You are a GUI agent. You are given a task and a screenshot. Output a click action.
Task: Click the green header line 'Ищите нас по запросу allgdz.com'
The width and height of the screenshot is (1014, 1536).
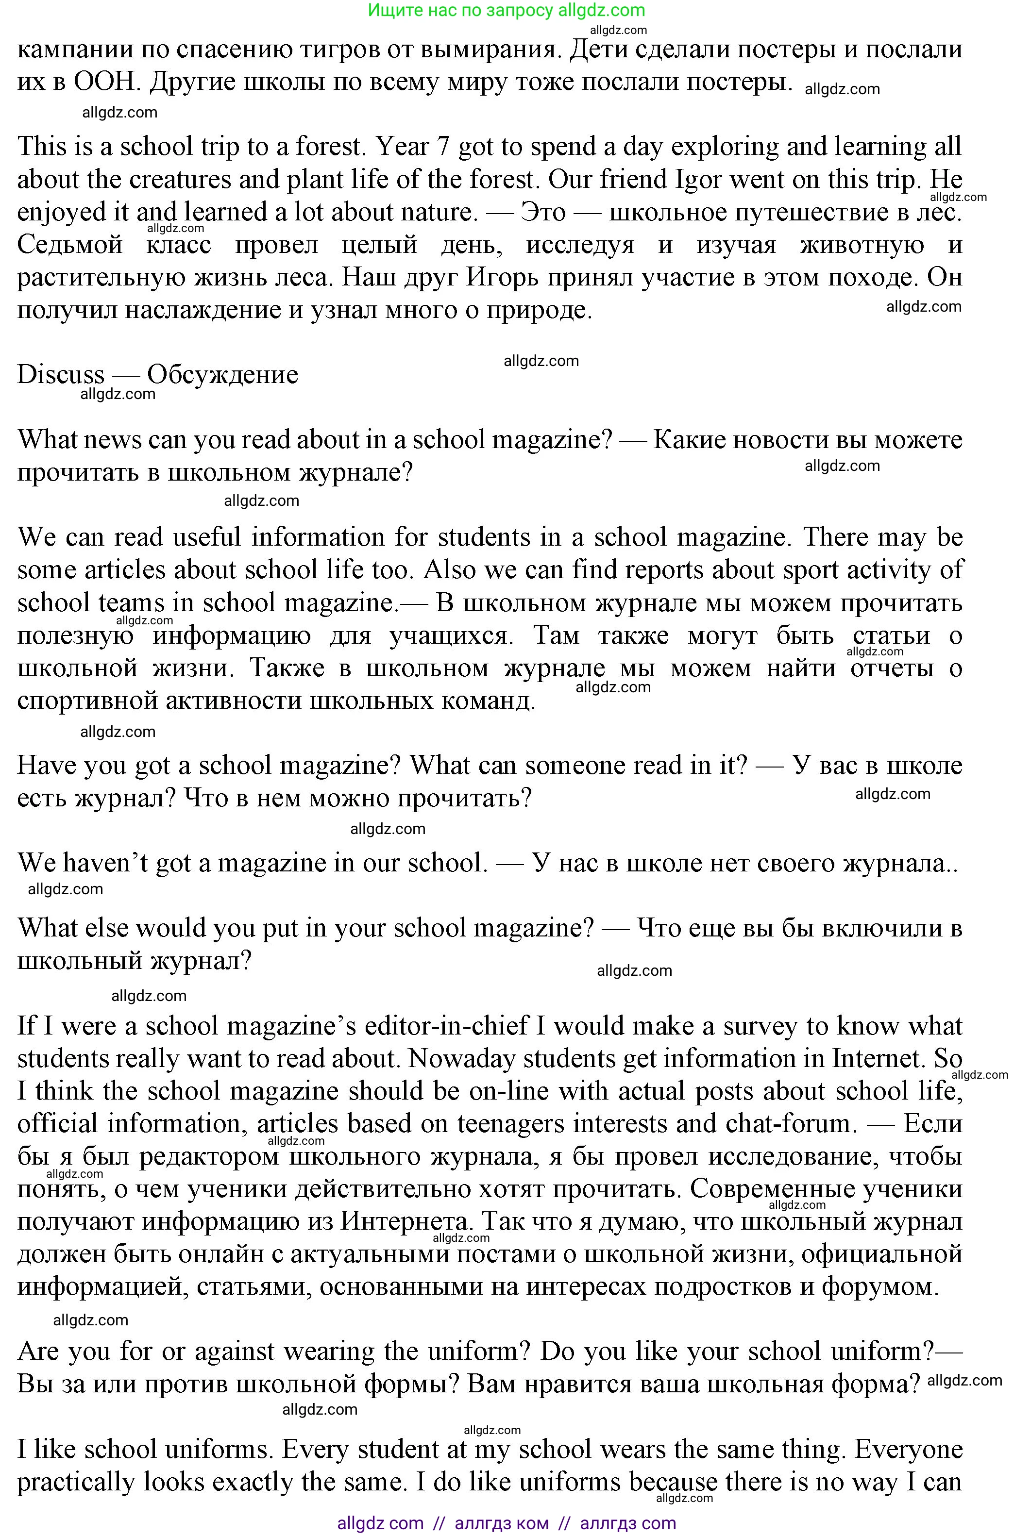click(507, 10)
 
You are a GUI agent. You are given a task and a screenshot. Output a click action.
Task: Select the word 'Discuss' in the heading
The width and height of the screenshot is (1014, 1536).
click(60, 375)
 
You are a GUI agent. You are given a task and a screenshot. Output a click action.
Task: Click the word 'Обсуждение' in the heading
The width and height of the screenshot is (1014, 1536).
click(222, 375)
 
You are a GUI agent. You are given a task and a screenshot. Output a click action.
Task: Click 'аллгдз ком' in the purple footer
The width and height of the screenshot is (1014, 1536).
click(501, 1523)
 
